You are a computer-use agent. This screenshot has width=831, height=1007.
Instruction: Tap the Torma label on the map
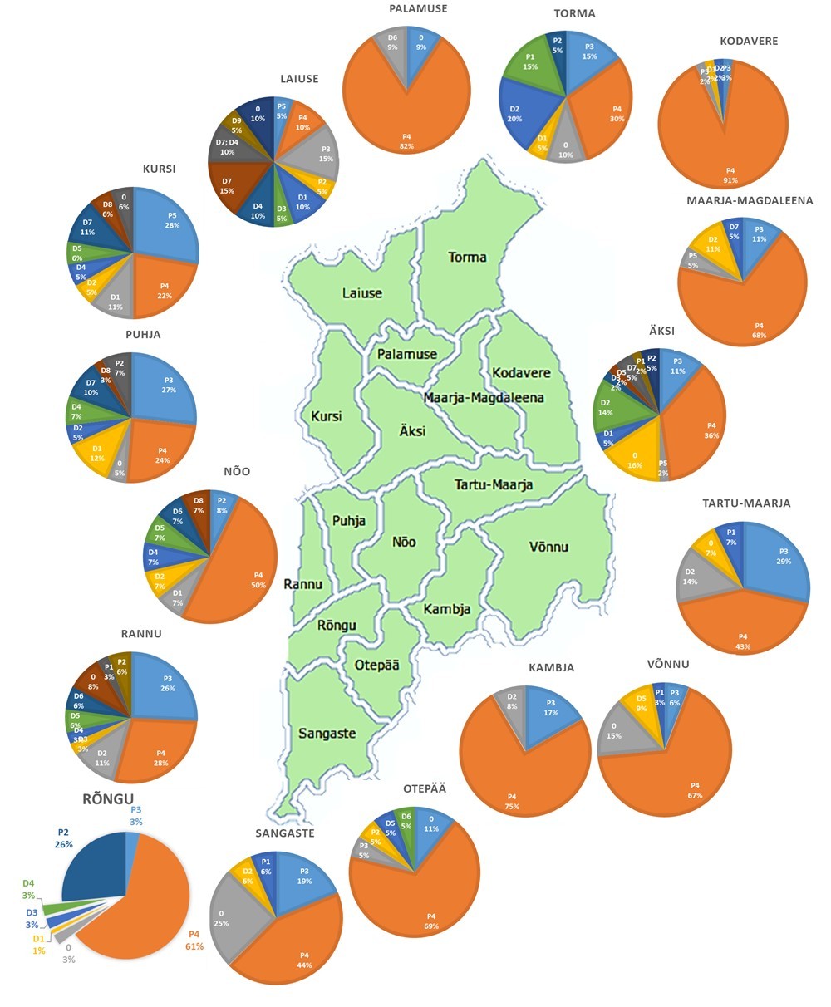click(x=467, y=257)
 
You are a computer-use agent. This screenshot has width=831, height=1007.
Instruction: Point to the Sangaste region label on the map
click(x=327, y=734)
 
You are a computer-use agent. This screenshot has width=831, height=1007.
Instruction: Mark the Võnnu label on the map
click(x=548, y=547)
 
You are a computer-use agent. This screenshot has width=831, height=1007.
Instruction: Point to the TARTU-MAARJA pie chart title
click(x=745, y=503)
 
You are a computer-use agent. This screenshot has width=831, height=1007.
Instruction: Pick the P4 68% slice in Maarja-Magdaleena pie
click(x=752, y=307)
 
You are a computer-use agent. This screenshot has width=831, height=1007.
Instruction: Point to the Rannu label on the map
click(x=302, y=584)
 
